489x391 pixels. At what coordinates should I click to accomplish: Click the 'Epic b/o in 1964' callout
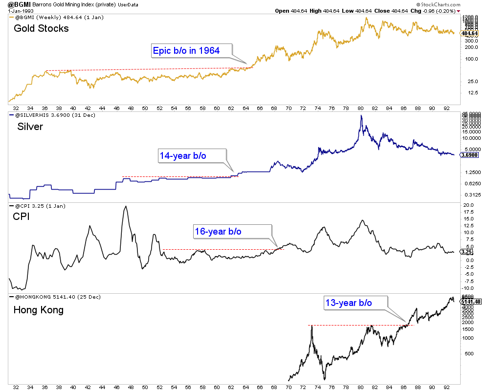click(x=186, y=50)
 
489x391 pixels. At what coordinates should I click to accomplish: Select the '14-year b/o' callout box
click(x=182, y=156)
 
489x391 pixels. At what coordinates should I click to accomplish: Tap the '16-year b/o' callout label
click(x=218, y=231)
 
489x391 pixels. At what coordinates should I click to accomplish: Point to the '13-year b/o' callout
click(x=348, y=303)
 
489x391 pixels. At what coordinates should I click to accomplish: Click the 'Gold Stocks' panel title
click(x=41, y=28)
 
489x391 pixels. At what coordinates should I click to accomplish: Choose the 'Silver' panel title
click(x=30, y=127)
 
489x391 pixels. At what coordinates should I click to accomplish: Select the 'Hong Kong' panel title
click(x=38, y=310)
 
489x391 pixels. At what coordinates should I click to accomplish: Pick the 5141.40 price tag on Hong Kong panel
click(x=472, y=301)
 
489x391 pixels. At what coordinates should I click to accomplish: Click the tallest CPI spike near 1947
click(x=126, y=207)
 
